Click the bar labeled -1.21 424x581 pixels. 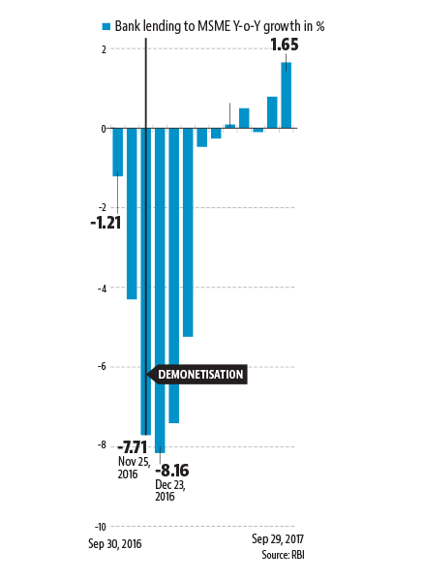click(x=118, y=152)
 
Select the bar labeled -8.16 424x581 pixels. click(x=160, y=290)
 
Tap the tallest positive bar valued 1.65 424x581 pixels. click(x=286, y=95)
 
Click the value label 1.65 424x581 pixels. click(x=285, y=45)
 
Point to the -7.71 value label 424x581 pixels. click(x=133, y=447)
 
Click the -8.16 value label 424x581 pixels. click(x=172, y=471)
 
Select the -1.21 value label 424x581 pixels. click(x=106, y=223)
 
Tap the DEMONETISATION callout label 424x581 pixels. click(x=200, y=374)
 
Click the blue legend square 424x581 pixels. click(x=106, y=27)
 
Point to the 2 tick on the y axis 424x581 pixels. click(x=104, y=49)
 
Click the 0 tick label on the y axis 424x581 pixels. click(x=104, y=129)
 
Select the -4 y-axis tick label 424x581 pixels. click(x=103, y=289)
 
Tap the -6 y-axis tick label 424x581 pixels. click(x=103, y=367)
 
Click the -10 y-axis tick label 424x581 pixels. click(x=101, y=527)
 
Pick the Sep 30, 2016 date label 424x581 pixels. click(x=115, y=544)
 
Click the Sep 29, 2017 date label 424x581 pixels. click(x=278, y=538)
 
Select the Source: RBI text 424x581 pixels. click(x=283, y=555)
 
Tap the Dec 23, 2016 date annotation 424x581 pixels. click(x=170, y=490)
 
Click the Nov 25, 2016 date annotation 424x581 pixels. click(x=134, y=468)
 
